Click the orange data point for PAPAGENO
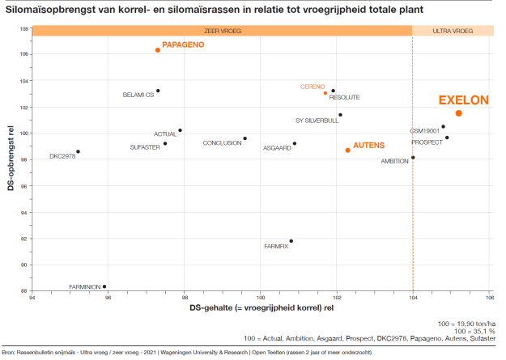(158, 50)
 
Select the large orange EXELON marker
(459, 113)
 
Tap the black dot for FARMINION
(104, 286)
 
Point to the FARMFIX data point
(291, 241)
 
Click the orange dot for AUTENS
(348, 150)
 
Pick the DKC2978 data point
(78, 151)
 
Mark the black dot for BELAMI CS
(158, 91)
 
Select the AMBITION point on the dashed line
(413, 158)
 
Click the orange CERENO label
(312, 87)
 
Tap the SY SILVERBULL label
(317, 121)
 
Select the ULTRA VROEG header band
(453, 31)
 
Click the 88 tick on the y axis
(25, 290)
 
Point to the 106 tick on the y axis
(24, 54)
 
